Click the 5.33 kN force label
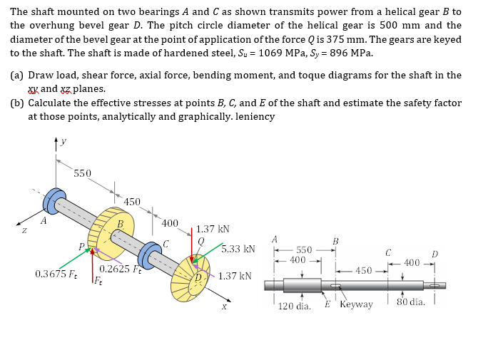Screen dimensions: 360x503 pos(238,249)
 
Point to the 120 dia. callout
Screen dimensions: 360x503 pos(295,304)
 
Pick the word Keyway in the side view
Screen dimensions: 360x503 pos(356,304)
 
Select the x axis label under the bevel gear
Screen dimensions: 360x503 pos(223,306)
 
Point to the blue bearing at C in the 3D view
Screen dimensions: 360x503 pos(151,254)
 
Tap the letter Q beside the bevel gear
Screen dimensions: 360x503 pos(201,242)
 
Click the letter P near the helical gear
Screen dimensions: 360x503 pos(83,247)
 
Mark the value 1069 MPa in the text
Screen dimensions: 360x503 pos(283,53)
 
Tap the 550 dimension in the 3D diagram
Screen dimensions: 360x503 pos(82,173)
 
